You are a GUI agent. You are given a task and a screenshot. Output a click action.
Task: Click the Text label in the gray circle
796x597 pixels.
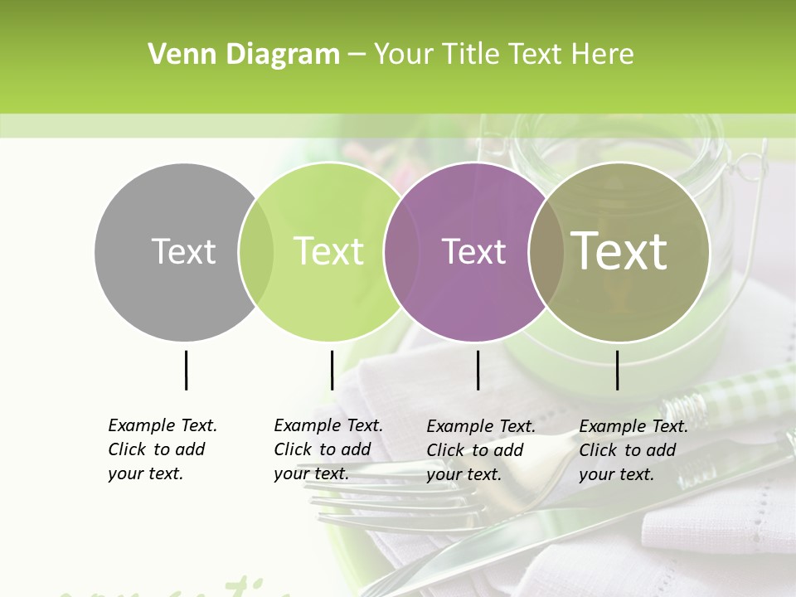click(x=183, y=251)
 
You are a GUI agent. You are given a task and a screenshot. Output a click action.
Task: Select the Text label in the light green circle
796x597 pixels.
click(x=329, y=251)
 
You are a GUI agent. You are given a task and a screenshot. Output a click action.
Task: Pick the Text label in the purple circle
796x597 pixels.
click(x=473, y=251)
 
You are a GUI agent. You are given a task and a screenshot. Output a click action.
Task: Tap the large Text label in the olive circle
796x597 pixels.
click(x=619, y=251)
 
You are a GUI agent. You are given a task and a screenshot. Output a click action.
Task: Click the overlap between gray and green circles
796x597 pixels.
click(x=256, y=251)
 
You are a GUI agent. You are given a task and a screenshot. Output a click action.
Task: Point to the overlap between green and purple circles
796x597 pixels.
click(x=401, y=251)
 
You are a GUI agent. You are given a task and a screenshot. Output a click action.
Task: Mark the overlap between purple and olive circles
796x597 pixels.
click(x=546, y=251)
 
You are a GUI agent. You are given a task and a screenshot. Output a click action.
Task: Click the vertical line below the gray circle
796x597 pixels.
click(x=186, y=370)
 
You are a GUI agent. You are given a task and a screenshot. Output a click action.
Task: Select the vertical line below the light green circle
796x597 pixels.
click(x=332, y=370)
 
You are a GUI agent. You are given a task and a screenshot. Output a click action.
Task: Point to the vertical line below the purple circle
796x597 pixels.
click(x=478, y=370)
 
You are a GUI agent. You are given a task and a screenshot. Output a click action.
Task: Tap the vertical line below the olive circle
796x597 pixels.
click(x=617, y=370)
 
